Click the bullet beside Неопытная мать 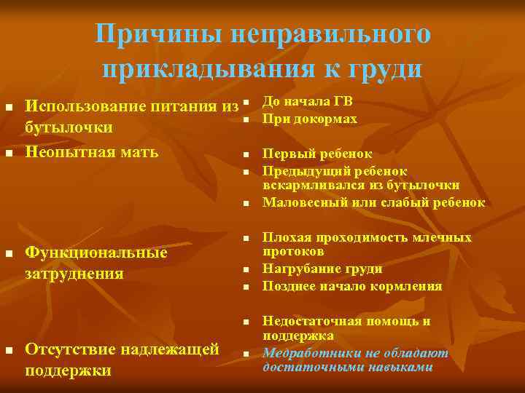[x=9, y=153]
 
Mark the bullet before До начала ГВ [x=246, y=103]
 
